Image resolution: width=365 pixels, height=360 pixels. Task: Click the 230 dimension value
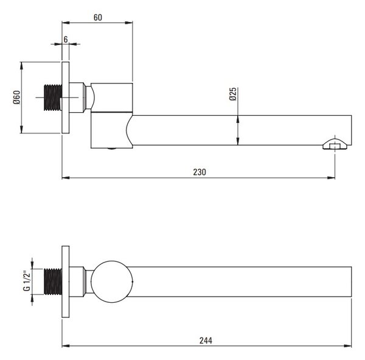[x=200, y=172]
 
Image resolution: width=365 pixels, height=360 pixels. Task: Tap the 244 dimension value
[x=206, y=341]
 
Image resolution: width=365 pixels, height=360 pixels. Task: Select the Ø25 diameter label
[x=233, y=94]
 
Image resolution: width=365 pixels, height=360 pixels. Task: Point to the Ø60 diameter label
[x=16, y=97]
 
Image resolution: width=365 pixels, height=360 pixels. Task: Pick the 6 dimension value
[x=66, y=40]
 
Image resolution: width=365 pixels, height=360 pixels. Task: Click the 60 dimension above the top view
[x=98, y=18]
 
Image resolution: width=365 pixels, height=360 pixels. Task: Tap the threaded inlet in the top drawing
[x=53, y=97]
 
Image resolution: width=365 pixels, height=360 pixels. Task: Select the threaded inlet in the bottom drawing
[x=53, y=281]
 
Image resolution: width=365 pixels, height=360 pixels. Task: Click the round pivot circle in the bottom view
[x=112, y=261]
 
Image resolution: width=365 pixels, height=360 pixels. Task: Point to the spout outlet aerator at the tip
[x=335, y=144]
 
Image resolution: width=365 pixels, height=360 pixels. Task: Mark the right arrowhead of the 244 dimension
[x=347, y=346]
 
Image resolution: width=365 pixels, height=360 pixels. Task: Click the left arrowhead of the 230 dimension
[x=66, y=178]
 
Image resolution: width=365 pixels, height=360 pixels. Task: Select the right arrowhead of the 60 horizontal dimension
[x=129, y=23]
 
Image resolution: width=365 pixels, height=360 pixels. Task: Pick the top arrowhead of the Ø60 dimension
[x=22, y=66]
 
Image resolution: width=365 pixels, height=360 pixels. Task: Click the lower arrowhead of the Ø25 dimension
[x=238, y=141]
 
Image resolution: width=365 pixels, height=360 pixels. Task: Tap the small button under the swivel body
[x=112, y=149]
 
